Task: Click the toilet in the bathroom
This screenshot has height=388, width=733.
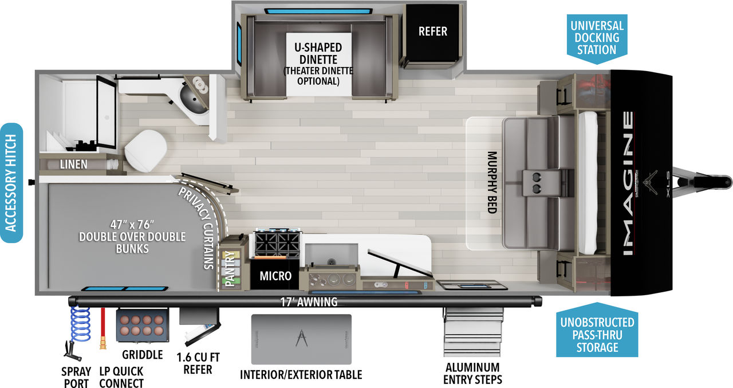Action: pyautogui.click(x=145, y=151)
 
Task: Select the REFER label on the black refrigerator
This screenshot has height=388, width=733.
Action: pyautogui.click(x=432, y=32)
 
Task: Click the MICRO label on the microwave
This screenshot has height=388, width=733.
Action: pyautogui.click(x=275, y=276)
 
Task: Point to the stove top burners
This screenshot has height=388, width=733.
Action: pyautogui.click(x=278, y=244)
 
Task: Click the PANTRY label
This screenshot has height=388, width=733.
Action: pyautogui.click(x=230, y=268)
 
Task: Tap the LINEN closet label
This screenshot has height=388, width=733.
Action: pyautogui.click(x=74, y=164)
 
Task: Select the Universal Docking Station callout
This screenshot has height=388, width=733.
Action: pyautogui.click(x=597, y=38)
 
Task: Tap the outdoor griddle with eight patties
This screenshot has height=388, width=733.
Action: pyautogui.click(x=143, y=325)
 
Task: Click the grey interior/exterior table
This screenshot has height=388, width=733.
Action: pyautogui.click(x=301, y=339)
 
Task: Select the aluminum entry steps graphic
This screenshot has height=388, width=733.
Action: pyautogui.click(x=472, y=332)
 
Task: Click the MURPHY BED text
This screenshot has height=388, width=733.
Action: pyautogui.click(x=492, y=182)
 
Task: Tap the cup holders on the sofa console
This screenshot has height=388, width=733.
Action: pyautogui.click(x=537, y=183)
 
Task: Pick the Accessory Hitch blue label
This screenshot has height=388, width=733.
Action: pyautogui.click(x=11, y=183)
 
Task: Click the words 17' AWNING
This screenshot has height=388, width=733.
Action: pyautogui.click(x=309, y=302)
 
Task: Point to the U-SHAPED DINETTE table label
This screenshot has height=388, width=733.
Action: pyautogui.click(x=318, y=53)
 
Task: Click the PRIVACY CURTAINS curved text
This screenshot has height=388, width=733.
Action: pyautogui.click(x=200, y=226)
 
